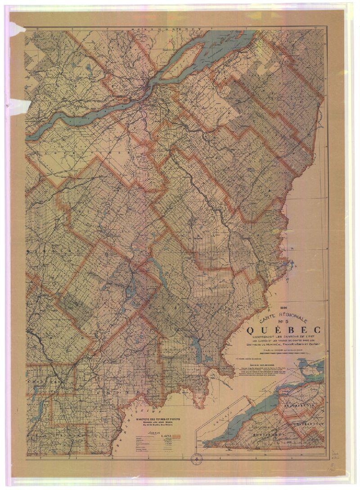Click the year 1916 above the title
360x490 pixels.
click(283, 308)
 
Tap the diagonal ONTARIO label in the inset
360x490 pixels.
click(232, 407)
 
